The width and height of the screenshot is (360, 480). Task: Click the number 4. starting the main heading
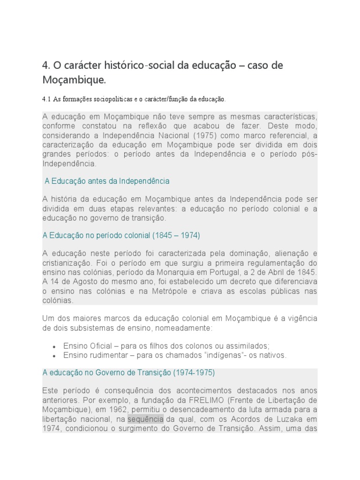pyautogui.click(x=45, y=65)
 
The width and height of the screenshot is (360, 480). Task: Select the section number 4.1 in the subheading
pyautogui.click(x=46, y=99)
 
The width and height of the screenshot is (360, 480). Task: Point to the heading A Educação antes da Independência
pyautogui.click(x=107, y=181)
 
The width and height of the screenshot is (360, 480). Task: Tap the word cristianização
pyautogui.click(x=64, y=263)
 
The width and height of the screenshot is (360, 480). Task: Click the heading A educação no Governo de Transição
pyautogui.click(x=128, y=373)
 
